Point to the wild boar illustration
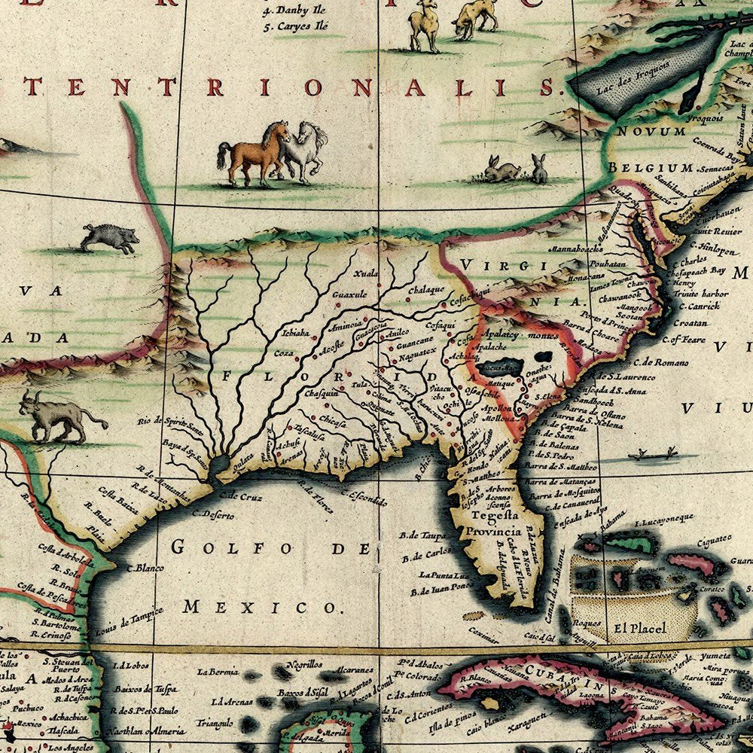pos(110,238)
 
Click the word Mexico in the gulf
pos(261,607)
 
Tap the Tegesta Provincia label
pos(495,523)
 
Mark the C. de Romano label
pos(672,362)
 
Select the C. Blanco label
pos(140,569)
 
